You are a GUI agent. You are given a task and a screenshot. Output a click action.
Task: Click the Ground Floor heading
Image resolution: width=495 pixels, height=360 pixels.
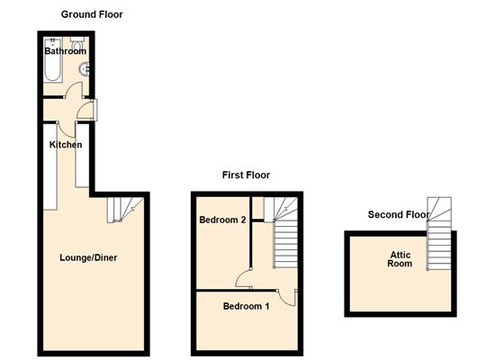pos(92,14)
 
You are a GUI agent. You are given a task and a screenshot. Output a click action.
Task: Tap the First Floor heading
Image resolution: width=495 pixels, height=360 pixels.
pos(246,175)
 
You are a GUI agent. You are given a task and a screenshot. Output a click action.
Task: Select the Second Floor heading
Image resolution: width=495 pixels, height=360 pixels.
pos(400,214)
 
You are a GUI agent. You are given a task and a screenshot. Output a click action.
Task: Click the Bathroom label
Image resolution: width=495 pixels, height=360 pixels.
pos(65,51)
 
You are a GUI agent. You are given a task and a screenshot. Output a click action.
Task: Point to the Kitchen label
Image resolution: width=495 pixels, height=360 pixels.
pos(66,145)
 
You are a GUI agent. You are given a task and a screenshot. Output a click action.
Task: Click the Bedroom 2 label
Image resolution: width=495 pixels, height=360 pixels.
pos(223,220)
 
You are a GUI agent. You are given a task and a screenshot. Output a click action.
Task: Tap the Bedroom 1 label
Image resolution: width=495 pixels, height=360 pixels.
pos(246,306)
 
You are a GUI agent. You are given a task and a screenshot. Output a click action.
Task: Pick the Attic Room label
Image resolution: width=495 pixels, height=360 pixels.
pos(400,260)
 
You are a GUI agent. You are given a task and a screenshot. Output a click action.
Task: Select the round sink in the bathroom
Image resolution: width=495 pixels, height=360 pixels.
pos(85,68)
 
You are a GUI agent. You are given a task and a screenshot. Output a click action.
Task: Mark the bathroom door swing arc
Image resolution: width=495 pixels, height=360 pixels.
pos(75,90)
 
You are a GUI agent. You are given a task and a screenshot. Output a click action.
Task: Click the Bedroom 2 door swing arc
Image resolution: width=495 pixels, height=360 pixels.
pos(244,279)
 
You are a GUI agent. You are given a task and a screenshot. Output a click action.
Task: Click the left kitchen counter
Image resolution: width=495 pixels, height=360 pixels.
pos(49,162)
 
